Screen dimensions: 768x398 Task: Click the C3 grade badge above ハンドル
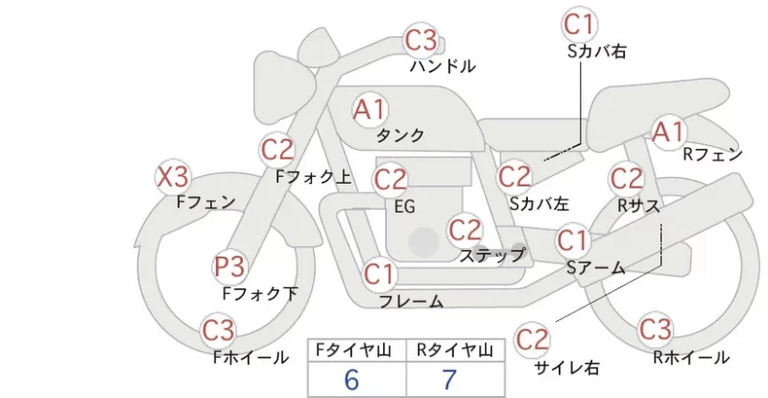pyautogui.click(x=420, y=39)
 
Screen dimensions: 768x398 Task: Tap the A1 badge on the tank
pyautogui.click(x=371, y=110)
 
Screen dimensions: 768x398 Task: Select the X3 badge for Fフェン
pyautogui.click(x=173, y=177)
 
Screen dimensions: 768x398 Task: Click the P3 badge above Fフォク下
pyautogui.click(x=230, y=266)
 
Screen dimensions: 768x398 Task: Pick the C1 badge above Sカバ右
pyautogui.click(x=579, y=25)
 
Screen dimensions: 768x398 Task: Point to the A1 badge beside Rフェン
pyautogui.click(x=668, y=132)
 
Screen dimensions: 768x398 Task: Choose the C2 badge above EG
pyautogui.click(x=390, y=180)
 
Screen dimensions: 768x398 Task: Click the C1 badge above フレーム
pyautogui.click(x=378, y=274)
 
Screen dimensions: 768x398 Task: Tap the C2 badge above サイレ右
pyautogui.click(x=532, y=339)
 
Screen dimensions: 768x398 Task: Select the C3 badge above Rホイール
pyautogui.click(x=655, y=329)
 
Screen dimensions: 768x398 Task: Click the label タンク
pyautogui.click(x=399, y=135)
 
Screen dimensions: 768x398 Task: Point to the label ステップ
pyautogui.click(x=492, y=255)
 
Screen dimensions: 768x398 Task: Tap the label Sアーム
pyautogui.click(x=596, y=267)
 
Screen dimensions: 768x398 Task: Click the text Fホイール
pyautogui.click(x=251, y=358)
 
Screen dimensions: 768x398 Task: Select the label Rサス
pyautogui.click(x=638, y=206)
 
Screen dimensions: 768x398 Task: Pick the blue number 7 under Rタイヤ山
pyautogui.click(x=449, y=380)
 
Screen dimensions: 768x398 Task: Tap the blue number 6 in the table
pyautogui.click(x=351, y=380)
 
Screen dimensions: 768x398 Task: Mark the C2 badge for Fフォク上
pyautogui.click(x=277, y=150)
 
